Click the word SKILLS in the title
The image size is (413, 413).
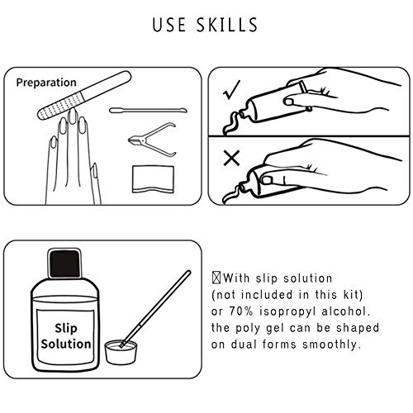pyautogui.click(x=227, y=25)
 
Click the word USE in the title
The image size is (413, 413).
pyautogui.click(x=169, y=25)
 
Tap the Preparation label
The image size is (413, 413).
pyautogui.click(x=46, y=83)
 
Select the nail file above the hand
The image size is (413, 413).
pyautogui.click(x=84, y=95)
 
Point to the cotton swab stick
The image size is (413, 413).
pyautogui.click(x=148, y=111)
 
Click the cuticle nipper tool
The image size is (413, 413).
pyautogui.click(x=152, y=140)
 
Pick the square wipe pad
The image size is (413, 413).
pyautogui.click(x=153, y=179)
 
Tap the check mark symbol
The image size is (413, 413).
pyautogui.click(x=231, y=90)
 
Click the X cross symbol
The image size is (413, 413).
pyautogui.click(x=231, y=158)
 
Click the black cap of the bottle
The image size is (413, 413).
pyautogui.click(x=64, y=263)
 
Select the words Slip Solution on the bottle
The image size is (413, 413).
pyautogui.click(x=66, y=336)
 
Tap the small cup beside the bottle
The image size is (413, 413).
pyautogui.click(x=121, y=352)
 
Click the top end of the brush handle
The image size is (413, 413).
pyautogui.click(x=188, y=272)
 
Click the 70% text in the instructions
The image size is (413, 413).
pyautogui.click(x=240, y=311)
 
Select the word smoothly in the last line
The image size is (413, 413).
pyautogui.click(x=332, y=344)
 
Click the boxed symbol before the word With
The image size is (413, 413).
pyautogui.click(x=216, y=278)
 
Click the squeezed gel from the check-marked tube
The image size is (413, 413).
pyautogui.click(x=233, y=123)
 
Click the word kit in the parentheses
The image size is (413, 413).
pyautogui.click(x=353, y=295)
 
